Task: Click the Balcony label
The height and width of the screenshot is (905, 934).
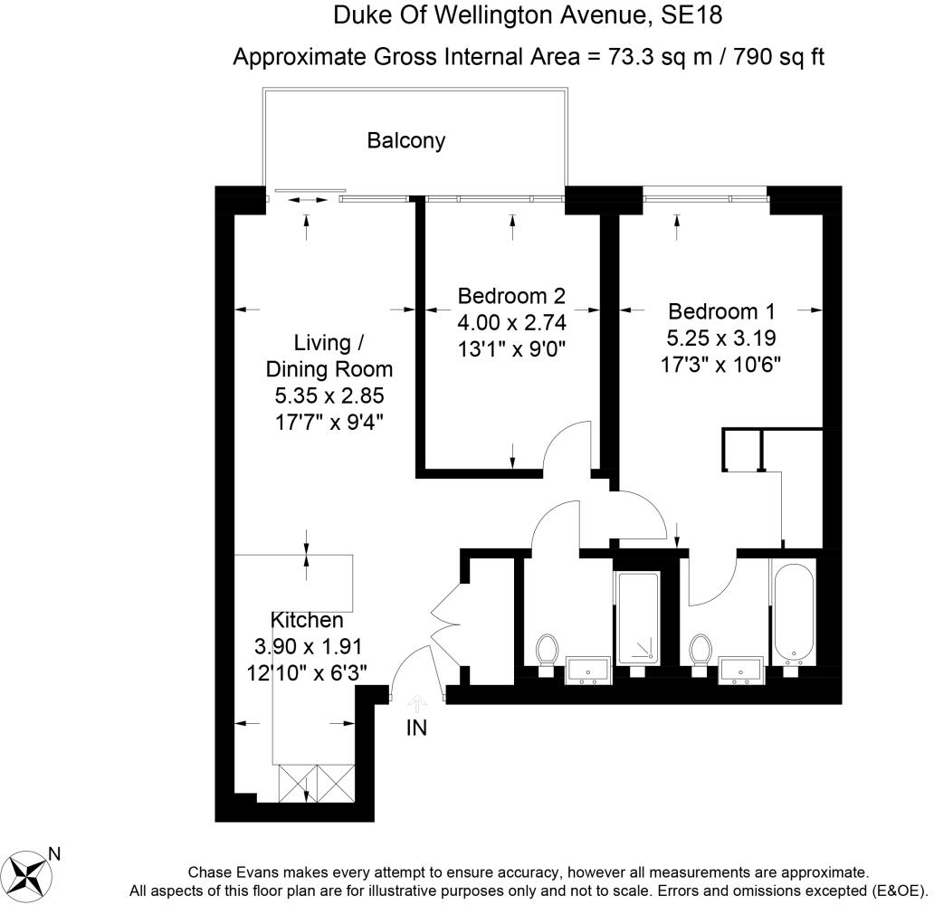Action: click(x=406, y=141)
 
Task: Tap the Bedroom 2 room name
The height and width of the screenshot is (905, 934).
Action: click(x=511, y=296)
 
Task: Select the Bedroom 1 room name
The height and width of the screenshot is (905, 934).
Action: click(x=721, y=311)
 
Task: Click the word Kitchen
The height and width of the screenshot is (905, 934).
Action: click(x=307, y=620)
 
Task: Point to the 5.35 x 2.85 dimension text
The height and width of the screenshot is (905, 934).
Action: click(x=329, y=395)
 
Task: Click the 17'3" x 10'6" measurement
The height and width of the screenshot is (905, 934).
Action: click(x=720, y=364)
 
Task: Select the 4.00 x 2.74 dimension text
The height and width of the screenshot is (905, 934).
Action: click(x=511, y=322)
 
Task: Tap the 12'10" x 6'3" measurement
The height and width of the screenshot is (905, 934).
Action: click(x=307, y=673)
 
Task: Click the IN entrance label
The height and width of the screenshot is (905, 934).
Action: click(x=416, y=728)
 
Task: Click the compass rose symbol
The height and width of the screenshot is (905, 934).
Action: click(x=29, y=874)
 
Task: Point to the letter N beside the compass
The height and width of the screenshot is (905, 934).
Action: click(x=54, y=854)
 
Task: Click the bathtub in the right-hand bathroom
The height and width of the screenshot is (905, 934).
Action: click(x=794, y=613)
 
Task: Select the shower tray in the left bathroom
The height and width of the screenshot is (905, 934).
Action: click(x=638, y=618)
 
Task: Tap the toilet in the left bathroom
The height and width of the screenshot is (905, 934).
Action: click(x=547, y=654)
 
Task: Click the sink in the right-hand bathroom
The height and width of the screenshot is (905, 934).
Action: click(x=741, y=671)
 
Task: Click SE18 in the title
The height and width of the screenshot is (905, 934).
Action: click(x=691, y=15)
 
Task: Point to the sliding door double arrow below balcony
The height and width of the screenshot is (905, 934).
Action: click(x=308, y=200)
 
